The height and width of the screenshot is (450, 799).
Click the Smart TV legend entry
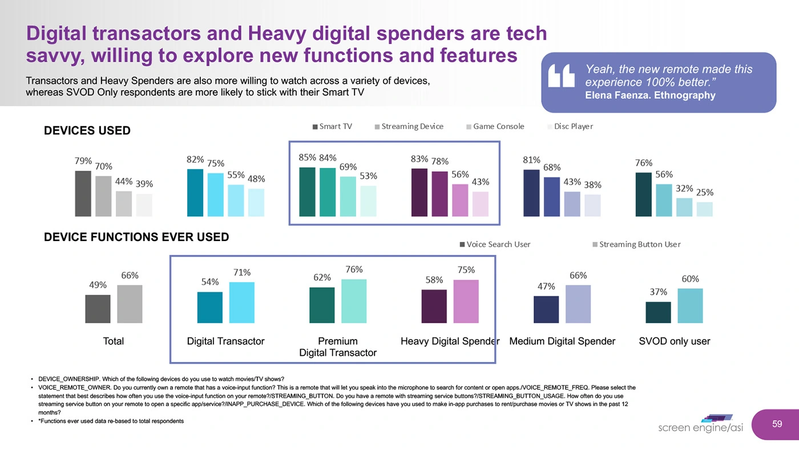(333, 126)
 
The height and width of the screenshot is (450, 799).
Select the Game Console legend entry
(495, 126)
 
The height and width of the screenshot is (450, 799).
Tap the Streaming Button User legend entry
(636, 244)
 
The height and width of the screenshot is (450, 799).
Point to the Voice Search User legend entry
(494, 244)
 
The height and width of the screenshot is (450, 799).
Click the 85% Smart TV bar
(307, 192)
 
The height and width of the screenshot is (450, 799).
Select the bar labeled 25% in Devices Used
(704, 209)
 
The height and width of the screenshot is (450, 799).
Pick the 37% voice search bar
(658, 312)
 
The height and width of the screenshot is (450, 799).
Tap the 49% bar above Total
(98, 309)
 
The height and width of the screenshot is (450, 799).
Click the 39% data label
(144, 184)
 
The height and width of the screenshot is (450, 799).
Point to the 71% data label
(241, 272)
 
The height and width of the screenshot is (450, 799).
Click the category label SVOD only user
(675, 341)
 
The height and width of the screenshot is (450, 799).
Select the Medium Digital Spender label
(562, 341)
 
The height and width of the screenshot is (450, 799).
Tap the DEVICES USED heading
(87, 131)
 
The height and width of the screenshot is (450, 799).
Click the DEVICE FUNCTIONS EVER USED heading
(136, 237)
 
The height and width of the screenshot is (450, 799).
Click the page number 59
(777, 424)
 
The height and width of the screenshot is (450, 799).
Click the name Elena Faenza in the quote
(618, 95)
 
